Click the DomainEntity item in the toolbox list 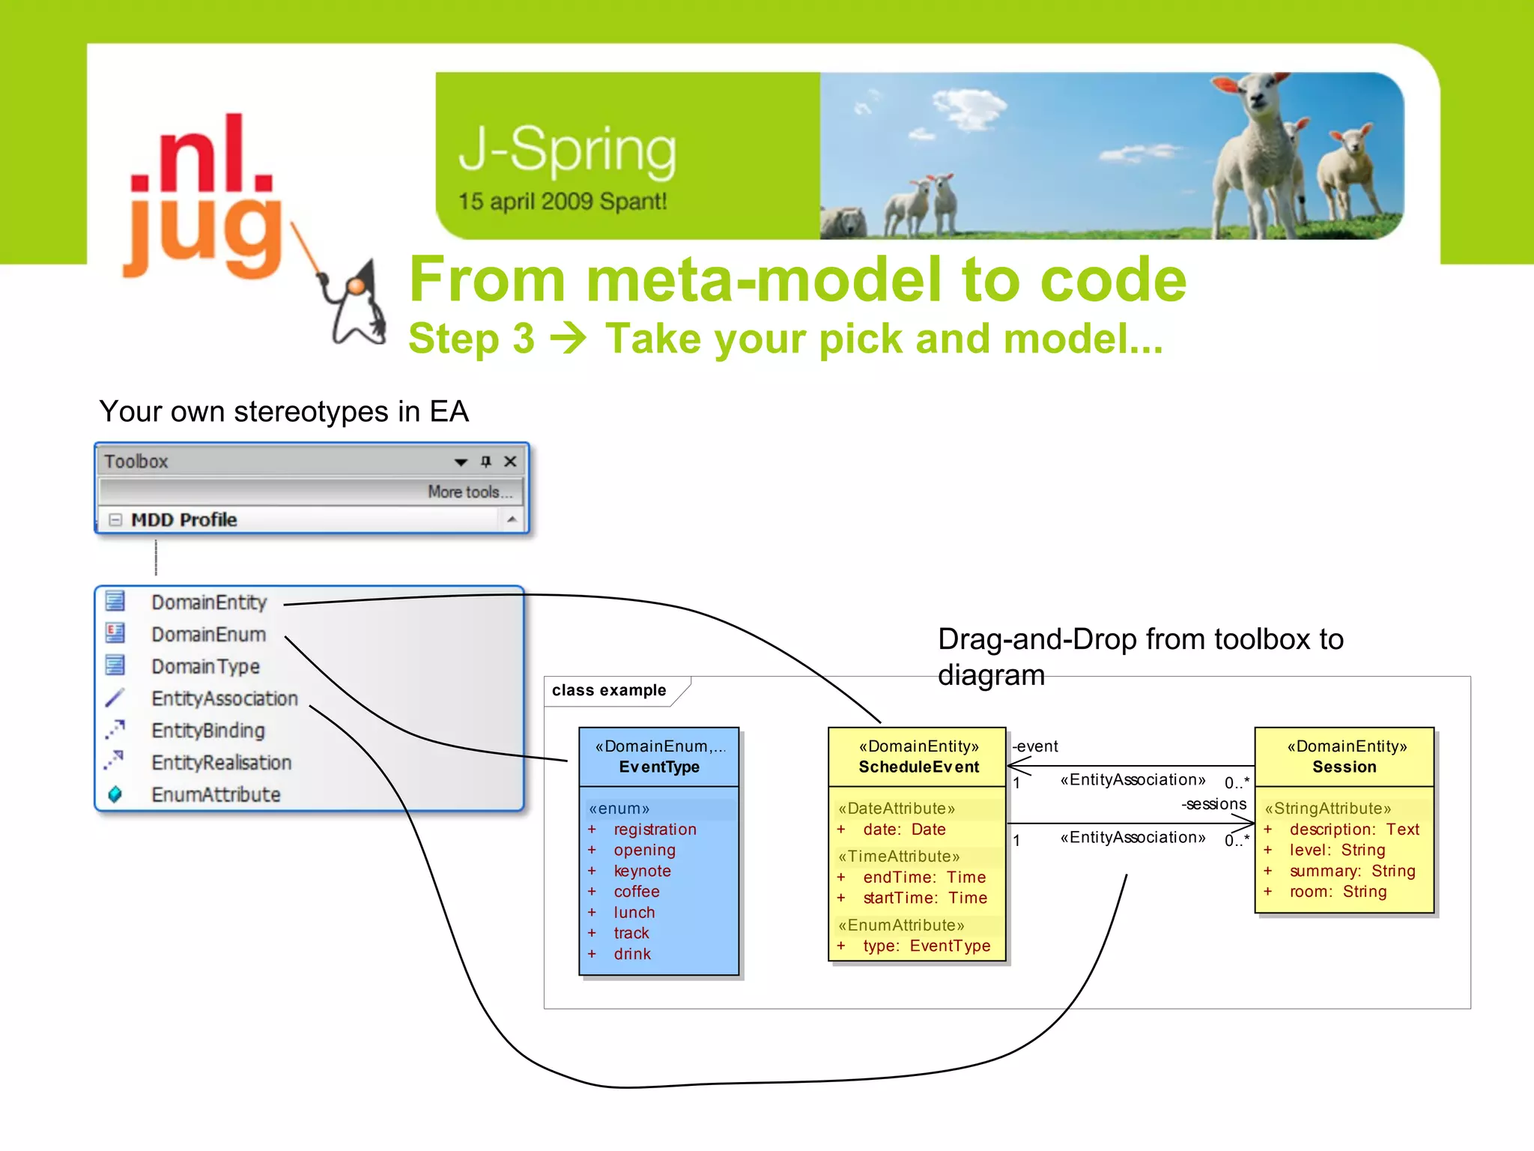208,602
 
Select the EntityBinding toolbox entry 207,731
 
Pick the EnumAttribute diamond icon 115,794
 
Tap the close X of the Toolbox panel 510,462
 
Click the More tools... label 470,492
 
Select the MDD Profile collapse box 115,520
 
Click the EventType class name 659,767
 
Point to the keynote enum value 642,871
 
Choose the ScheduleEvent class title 918,767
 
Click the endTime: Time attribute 924,877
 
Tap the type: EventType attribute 927,946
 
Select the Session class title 1344,767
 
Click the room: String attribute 1338,892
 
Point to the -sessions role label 1214,804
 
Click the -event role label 1035,746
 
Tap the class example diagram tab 609,690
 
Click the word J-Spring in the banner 567,151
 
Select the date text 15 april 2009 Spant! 562,202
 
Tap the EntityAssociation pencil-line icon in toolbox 115,698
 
